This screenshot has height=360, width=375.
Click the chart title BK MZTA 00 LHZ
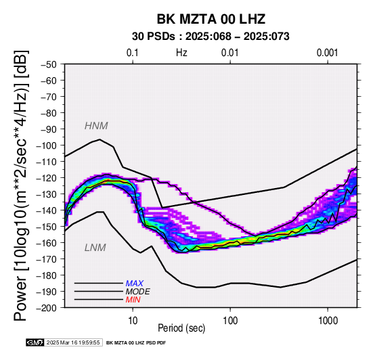(211, 19)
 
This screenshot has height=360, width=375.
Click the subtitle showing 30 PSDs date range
(211, 37)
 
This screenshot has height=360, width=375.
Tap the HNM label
(96, 126)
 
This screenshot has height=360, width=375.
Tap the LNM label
(95, 248)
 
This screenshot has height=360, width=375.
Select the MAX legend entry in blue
(135, 284)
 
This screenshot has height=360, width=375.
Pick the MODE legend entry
(138, 292)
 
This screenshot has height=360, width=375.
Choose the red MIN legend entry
(133, 300)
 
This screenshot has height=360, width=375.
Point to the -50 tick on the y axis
(48, 64)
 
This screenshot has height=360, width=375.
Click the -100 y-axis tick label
(46, 145)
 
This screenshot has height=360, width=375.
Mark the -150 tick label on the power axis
(46, 227)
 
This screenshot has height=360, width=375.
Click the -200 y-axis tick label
(46, 308)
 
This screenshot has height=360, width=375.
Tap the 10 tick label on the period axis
(133, 321)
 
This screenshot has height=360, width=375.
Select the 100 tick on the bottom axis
(230, 321)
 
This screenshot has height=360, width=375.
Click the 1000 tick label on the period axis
(328, 321)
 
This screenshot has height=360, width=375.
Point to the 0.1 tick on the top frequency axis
(133, 53)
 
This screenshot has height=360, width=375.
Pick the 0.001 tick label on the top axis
(327, 53)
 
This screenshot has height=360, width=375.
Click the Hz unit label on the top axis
(181, 53)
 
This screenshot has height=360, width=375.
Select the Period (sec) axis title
(181, 328)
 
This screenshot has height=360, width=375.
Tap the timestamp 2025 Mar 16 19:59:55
(73, 343)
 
